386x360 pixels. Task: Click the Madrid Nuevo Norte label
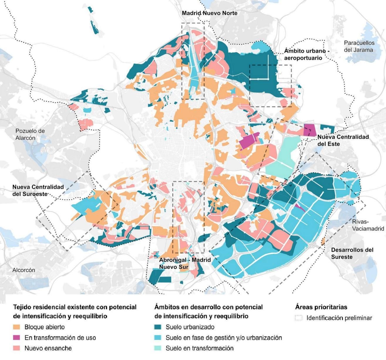209,13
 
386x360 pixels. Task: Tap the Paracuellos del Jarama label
359,46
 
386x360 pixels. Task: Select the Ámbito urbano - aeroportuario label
306,54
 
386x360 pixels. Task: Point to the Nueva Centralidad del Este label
343,140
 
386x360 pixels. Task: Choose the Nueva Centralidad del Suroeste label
38,190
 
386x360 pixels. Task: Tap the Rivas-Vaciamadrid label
368,225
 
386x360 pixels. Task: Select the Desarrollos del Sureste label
352,253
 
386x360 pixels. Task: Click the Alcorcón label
24,270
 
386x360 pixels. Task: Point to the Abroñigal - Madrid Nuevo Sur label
185,263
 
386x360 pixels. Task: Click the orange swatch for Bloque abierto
17,327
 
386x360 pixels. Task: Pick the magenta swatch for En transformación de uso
17,337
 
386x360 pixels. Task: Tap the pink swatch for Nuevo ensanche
17,348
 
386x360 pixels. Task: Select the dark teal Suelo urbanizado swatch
158,327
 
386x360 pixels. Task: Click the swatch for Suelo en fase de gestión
158,337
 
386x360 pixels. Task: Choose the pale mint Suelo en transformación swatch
158,348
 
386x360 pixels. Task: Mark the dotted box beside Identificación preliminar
299,318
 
